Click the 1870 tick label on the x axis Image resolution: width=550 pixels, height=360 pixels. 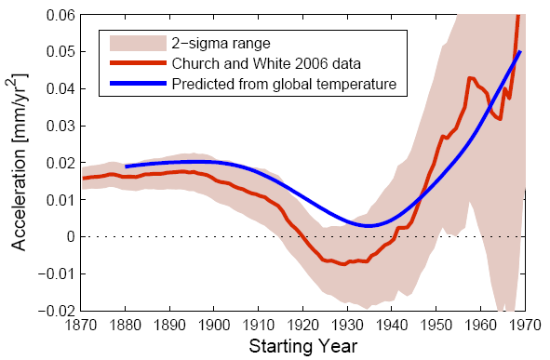coord(81,326)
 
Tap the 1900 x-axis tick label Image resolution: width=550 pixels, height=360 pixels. coord(214,326)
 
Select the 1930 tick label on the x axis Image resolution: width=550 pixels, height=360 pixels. coord(347,326)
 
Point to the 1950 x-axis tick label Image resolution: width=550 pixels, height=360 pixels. coord(436,326)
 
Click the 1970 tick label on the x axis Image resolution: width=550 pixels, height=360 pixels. coord(525,326)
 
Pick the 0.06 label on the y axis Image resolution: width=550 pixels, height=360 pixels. coord(60,15)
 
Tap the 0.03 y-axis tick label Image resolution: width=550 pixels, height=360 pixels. coord(60,126)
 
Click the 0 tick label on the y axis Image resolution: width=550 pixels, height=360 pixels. coord(71,236)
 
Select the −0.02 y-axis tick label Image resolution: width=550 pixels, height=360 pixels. coord(57,311)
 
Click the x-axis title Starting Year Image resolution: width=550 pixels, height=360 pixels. coord(303,346)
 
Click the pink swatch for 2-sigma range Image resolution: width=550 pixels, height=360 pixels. coord(138,44)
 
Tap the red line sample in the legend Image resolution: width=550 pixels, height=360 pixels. coord(138,63)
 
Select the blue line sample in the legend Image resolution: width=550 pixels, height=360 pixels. coord(138,84)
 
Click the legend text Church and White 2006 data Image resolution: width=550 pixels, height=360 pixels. coord(266,63)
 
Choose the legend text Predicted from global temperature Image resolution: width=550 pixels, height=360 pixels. coord(284,84)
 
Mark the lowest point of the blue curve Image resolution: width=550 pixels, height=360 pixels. coord(368,226)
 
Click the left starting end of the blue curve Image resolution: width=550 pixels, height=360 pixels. coord(126,167)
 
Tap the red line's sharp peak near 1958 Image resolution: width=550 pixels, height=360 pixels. coord(469,77)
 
